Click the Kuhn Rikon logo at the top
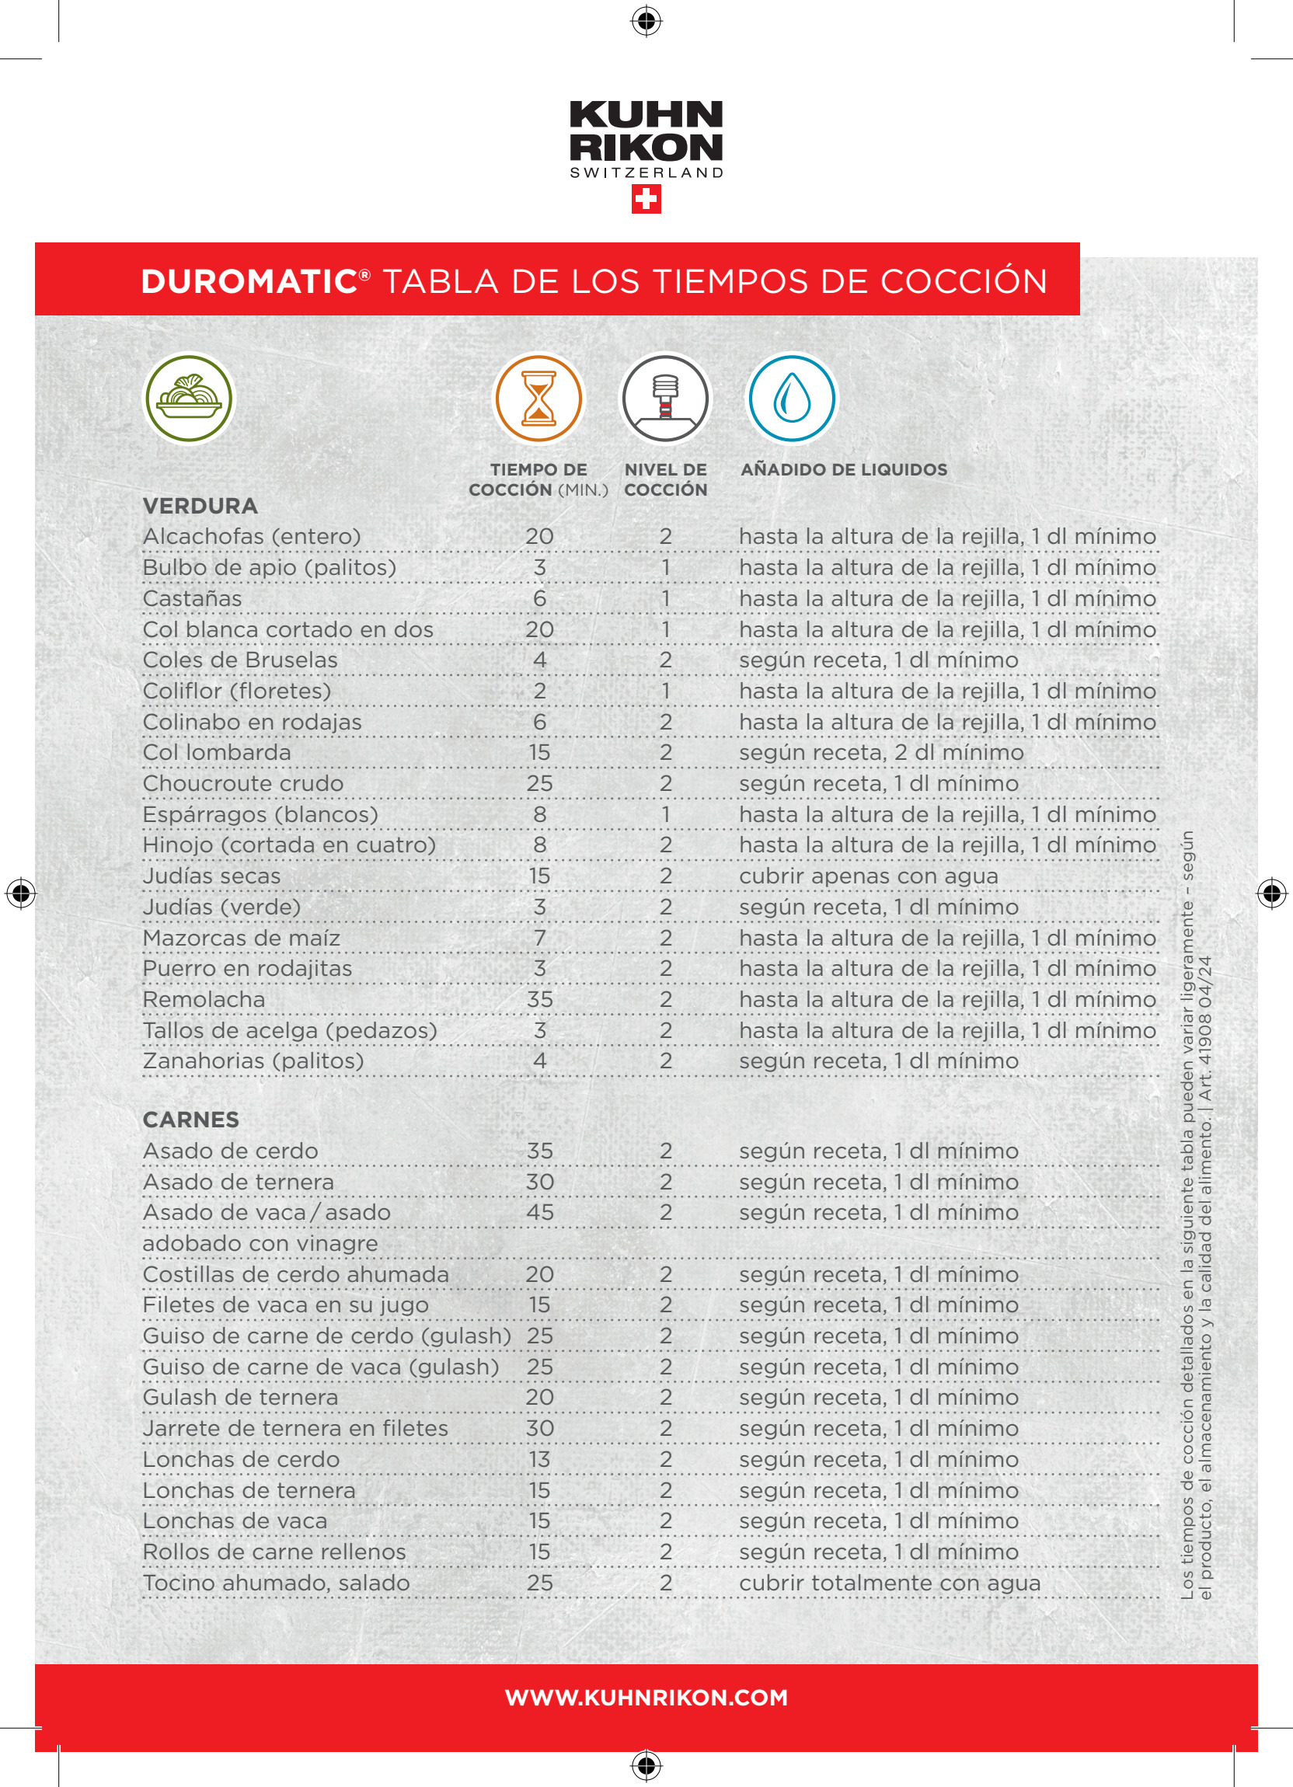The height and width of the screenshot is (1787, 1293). click(646, 138)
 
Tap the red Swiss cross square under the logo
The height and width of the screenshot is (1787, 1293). click(646, 200)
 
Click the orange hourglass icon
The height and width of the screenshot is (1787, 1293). click(539, 399)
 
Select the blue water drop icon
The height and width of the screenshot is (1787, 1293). click(791, 399)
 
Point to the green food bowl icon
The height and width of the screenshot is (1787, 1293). click(188, 399)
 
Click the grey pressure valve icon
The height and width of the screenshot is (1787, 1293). click(666, 399)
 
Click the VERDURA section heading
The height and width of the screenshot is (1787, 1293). click(200, 506)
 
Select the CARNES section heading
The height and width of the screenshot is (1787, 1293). click(190, 1120)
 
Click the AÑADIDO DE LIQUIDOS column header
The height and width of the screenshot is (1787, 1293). click(844, 469)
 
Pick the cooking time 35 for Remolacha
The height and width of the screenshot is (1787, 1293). click(540, 999)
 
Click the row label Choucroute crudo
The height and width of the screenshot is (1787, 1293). click(242, 783)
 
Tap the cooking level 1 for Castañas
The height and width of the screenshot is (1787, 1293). click(666, 599)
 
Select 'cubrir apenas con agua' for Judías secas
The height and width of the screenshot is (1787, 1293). click(868, 876)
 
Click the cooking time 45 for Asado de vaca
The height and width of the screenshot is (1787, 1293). click(540, 1212)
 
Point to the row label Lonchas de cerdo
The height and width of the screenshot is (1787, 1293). click(241, 1459)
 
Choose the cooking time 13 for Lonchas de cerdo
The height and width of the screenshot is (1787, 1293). click(540, 1459)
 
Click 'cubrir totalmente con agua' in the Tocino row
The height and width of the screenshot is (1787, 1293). click(890, 1583)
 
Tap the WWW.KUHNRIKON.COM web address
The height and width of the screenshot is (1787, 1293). click(646, 1697)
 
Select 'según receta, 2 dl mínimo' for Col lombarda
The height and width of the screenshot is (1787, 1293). click(881, 752)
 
